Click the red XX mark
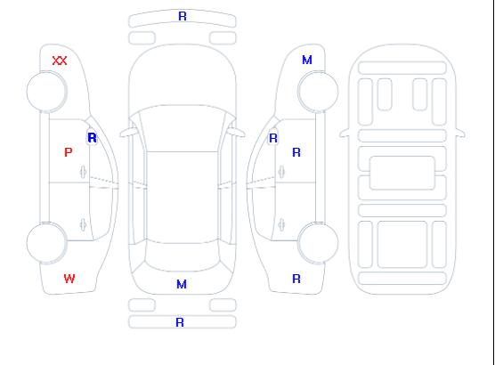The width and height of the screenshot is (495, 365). click(x=60, y=61)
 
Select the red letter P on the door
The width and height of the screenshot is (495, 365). click(x=68, y=152)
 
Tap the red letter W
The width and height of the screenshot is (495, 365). click(x=69, y=279)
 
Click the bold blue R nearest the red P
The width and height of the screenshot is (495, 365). click(x=92, y=138)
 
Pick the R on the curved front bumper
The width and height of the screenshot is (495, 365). click(x=183, y=16)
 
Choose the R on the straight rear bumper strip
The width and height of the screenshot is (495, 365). click(x=180, y=322)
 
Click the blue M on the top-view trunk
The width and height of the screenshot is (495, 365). click(x=182, y=285)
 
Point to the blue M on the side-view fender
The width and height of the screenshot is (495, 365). click(x=307, y=60)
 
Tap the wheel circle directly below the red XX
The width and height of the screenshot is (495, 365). click(x=46, y=92)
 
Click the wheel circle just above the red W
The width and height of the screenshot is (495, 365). click(x=46, y=243)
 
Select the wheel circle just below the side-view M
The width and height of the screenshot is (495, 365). click(x=318, y=92)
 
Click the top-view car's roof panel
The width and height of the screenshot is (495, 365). click(x=183, y=197)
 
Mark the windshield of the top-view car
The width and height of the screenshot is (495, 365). click(x=183, y=128)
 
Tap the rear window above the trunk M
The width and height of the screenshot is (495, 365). click(x=183, y=256)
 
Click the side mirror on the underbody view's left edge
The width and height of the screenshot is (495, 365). click(x=345, y=134)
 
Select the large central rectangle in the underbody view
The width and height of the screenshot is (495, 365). click(x=402, y=173)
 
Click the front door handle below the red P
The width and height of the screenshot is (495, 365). click(x=84, y=172)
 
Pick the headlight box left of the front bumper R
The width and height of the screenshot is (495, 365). click(x=142, y=38)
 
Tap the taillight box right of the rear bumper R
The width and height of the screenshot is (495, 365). click(x=223, y=305)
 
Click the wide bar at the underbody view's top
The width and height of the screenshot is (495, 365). click(x=402, y=68)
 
